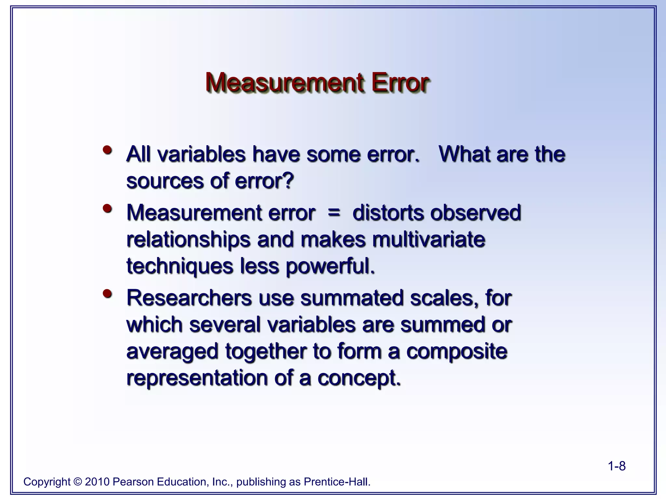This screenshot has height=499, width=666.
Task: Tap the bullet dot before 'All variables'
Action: click(107, 150)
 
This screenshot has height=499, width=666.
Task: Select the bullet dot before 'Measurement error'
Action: click(107, 209)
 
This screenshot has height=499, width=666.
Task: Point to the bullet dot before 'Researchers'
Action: click(107, 294)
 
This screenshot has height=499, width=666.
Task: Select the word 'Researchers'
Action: click(189, 298)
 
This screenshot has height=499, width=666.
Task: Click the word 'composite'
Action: click(457, 352)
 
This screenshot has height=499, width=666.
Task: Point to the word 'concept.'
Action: click(359, 378)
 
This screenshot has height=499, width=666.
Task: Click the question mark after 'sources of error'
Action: click(288, 181)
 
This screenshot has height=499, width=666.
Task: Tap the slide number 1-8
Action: click(617, 466)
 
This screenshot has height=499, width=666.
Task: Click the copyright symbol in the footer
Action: click(77, 481)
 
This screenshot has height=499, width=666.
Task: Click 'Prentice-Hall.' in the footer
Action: click(337, 481)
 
